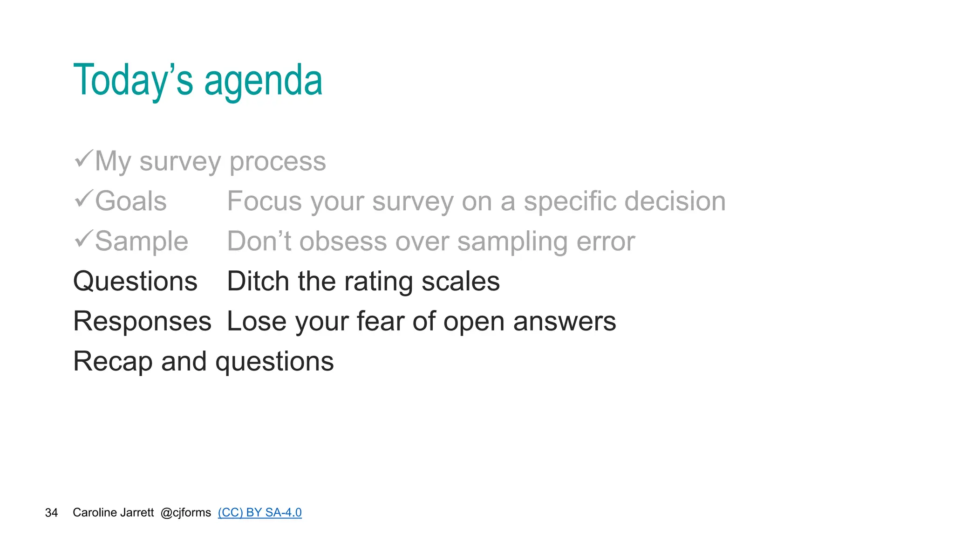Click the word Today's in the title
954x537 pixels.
click(x=133, y=80)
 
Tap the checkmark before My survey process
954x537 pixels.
click(x=84, y=159)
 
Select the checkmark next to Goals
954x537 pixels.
click(x=84, y=199)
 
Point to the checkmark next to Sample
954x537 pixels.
click(x=84, y=239)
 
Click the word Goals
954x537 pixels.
click(x=131, y=201)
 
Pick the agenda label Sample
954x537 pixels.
click(x=142, y=241)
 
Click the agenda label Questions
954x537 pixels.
click(x=135, y=282)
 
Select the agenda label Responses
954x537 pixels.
click(x=142, y=322)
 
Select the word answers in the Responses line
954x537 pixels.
click(x=564, y=322)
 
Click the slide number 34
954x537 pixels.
click(x=51, y=513)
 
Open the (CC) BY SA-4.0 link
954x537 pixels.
click(x=259, y=513)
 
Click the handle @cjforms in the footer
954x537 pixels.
click(x=185, y=513)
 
